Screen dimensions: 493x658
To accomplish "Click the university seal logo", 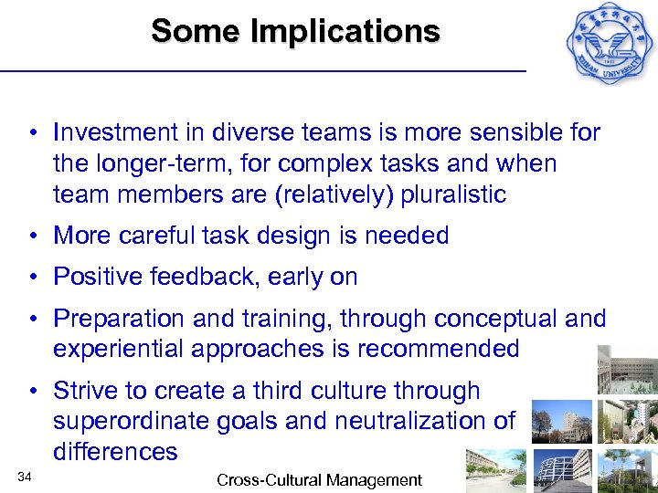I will click(x=608, y=46).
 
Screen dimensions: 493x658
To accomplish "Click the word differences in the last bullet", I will click(x=115, y=452).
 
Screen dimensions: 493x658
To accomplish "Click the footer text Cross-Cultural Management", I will click(x=319, y=479).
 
